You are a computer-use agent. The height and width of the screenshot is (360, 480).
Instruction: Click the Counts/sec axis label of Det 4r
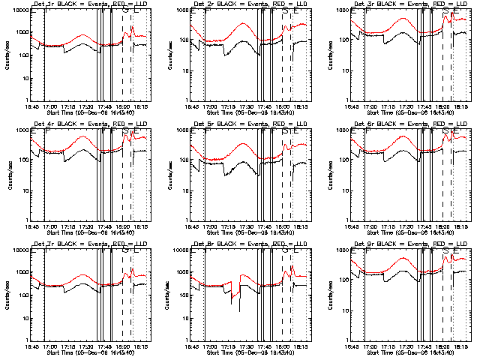point(7,174)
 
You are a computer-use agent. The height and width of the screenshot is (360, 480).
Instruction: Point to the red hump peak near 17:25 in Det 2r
point(244,23)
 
